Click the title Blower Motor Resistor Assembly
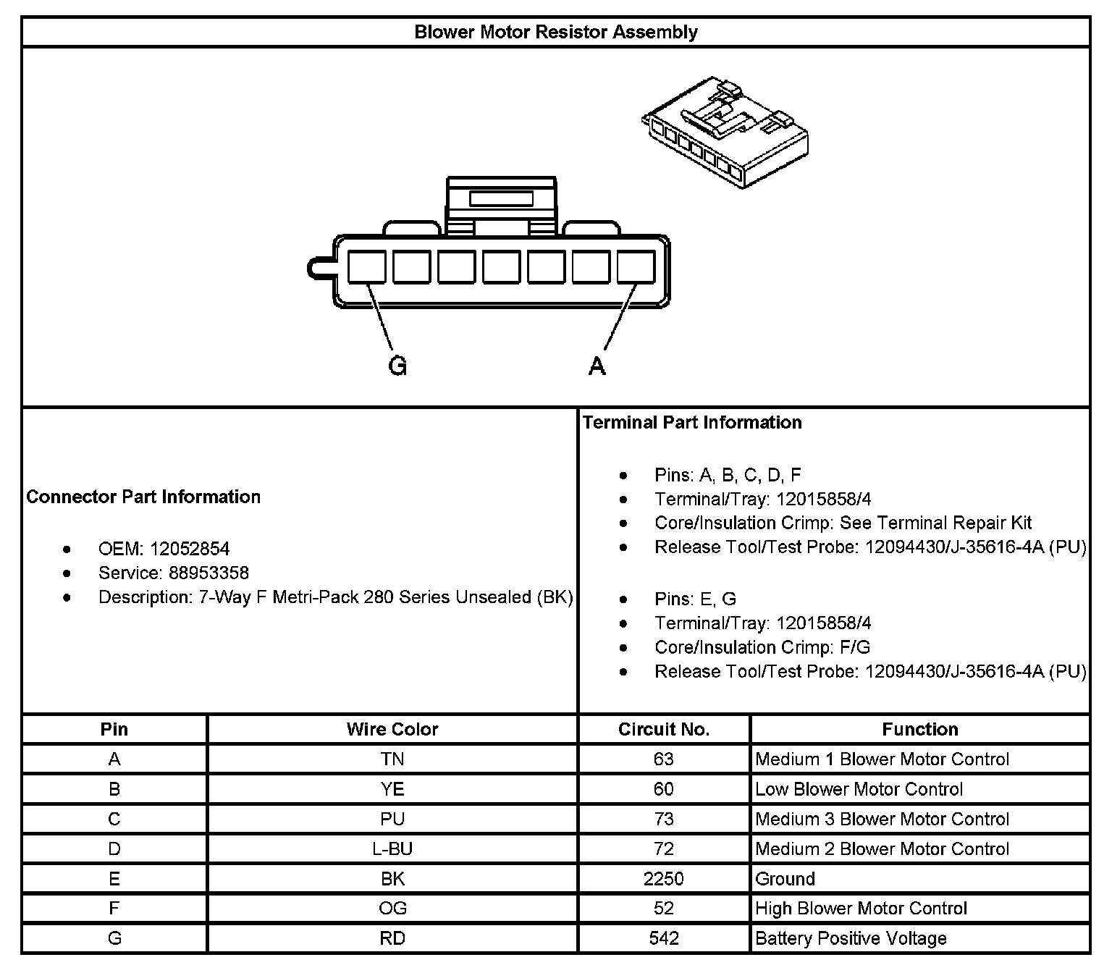tap(555, 33)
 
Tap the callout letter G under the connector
tap(397, 366)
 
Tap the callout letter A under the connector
tap(597, 366)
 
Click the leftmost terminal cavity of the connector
tap(366, 267)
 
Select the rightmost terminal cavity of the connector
tap(636, 267)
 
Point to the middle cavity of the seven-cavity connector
tap(501, 267)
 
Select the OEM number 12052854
tap(190, 549)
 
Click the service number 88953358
tap(209, 573)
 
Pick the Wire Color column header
tap(392, 729)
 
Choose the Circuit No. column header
tap(664, 729)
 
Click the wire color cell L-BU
tap(392, 848)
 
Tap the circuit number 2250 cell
tap(664, 879)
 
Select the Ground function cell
tap(785, 879)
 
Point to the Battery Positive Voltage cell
tap(851, 939)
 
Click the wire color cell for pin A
tap(392, 759)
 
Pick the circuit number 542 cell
tap(664, 939)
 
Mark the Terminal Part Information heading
tap(692, 423)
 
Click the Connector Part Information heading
tap(143, 497)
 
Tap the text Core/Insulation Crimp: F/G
tap(762, 647)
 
